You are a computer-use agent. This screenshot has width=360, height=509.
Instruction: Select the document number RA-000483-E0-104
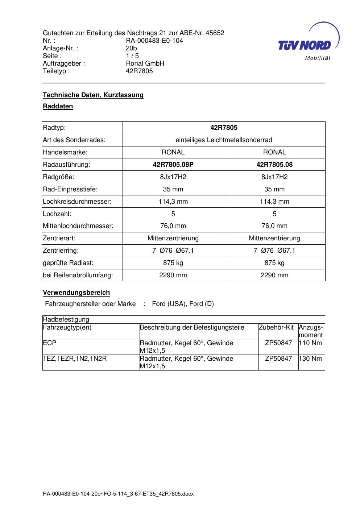(x=154, y=41)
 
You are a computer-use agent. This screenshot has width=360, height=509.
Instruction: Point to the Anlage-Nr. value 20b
(x=131, y=48)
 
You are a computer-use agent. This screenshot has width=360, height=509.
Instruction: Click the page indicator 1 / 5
(x=132, y=56)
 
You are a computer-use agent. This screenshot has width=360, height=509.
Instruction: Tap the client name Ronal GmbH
(x=145, y=63)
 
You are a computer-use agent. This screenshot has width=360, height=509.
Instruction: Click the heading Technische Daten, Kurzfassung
(x=93, y=95)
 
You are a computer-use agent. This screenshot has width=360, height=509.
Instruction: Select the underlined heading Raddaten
(x=58, y=106)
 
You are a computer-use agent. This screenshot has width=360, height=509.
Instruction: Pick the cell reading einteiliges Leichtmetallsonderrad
(x=224, y=140)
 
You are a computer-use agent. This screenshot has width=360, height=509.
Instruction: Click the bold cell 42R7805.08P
(x=173, y=165)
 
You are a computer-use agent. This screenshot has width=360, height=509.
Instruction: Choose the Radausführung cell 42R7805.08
(x=274, y=165)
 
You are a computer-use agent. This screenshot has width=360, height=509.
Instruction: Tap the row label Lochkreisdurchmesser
(x=77, y=202)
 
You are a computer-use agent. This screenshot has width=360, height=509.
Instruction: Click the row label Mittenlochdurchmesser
(x=78, y=226)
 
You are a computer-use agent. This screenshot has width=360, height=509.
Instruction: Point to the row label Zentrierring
(x=61, y=251)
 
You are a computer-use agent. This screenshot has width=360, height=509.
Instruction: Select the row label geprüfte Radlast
(x=68, y=263)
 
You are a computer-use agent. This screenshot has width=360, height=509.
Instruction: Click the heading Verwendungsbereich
(x=76, y=293)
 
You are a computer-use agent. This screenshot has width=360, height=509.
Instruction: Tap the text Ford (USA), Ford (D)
(x=183, y=304)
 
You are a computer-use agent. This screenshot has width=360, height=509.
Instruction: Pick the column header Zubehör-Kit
(x=276, y=327)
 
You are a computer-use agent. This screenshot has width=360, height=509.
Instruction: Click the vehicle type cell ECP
(x=49, y=343)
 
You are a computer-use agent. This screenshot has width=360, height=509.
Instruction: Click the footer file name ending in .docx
(x=118, y=494)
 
